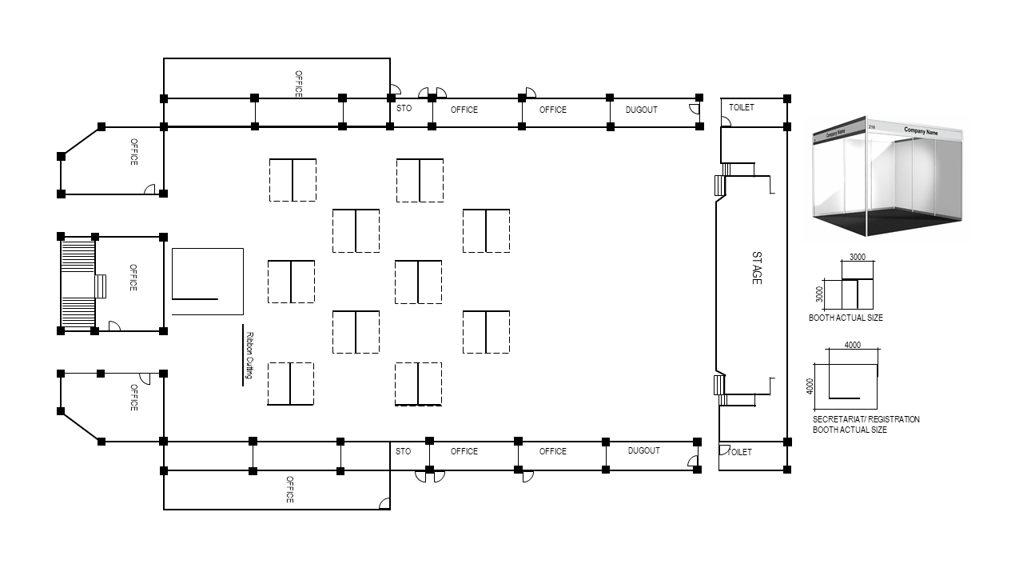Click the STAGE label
coord(757,268)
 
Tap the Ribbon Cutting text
coord(249,355)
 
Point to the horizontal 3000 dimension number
coord(858,257)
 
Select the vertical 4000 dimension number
coord(810,386)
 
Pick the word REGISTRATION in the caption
coord(894,419)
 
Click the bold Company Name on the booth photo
coord(921,131)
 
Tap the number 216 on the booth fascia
coord(871,127)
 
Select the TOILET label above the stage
coord(741,107)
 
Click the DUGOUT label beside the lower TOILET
coord(643,450)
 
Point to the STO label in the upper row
coord(404,108)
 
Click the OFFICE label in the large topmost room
coord(298,84)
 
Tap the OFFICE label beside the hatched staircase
coord(133,278)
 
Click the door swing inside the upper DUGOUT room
coord(695,109)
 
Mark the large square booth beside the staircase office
coord(207,282)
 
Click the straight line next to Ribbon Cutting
coord(242,355)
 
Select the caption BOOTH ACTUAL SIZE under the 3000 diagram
coord(846,318)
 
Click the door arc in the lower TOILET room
coord(725,450)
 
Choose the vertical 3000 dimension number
coord(819,294)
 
